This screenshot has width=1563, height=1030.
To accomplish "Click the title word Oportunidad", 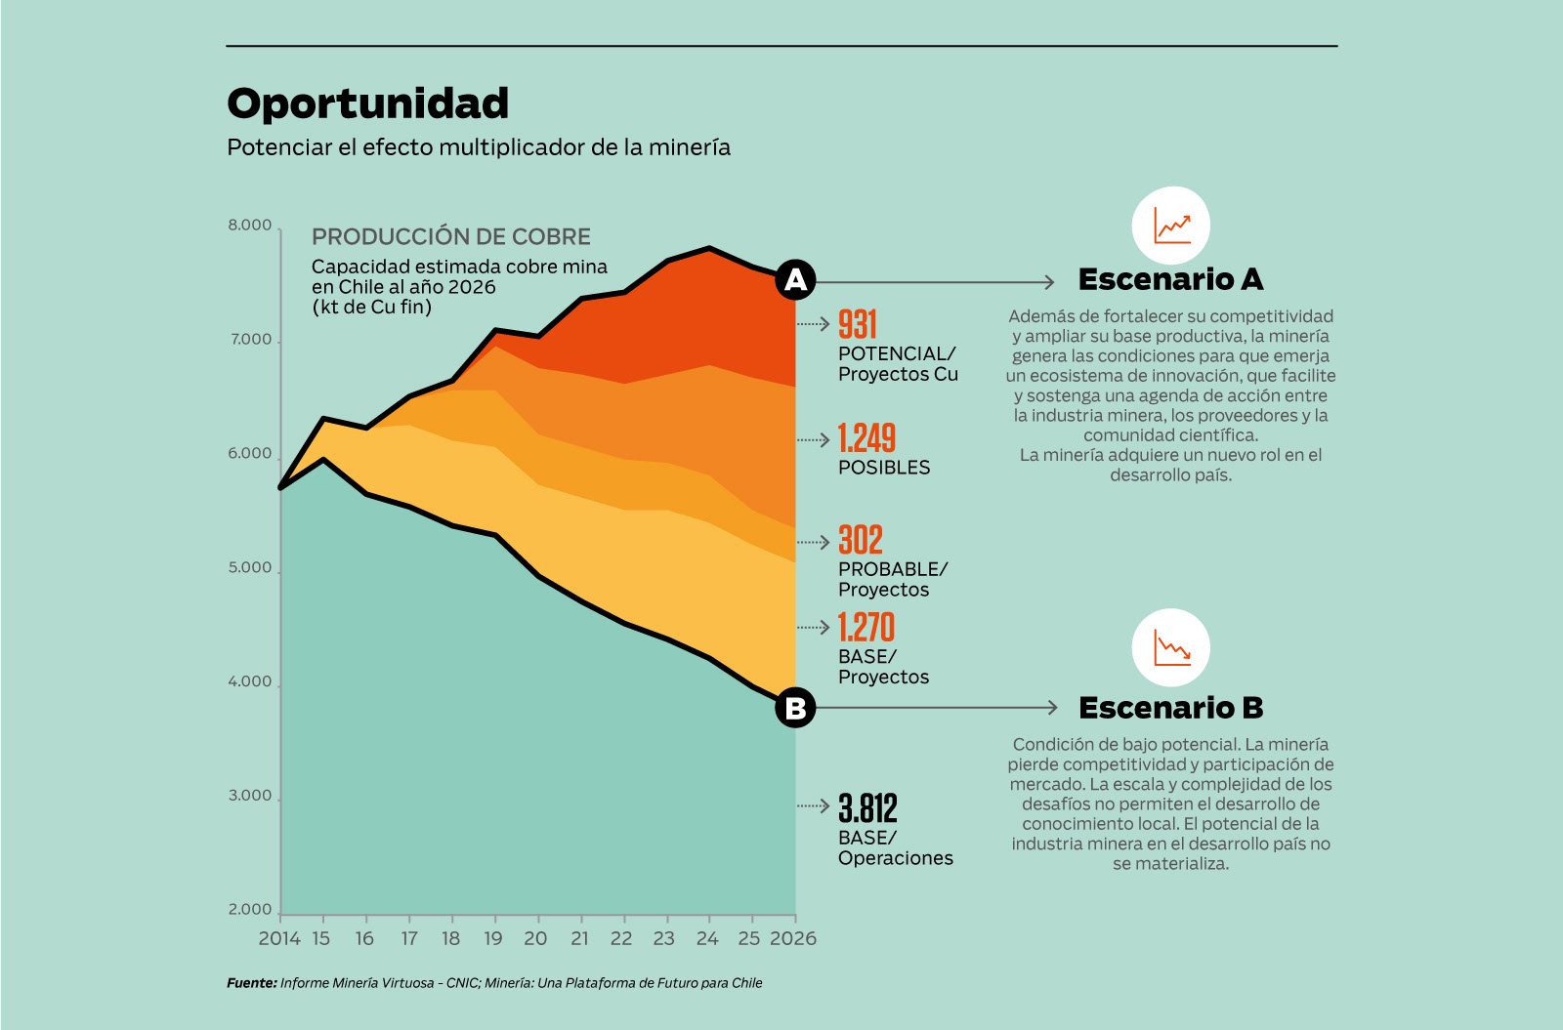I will (x=367, y=103).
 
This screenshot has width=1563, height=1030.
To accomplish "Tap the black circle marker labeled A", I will (x=796, y=280).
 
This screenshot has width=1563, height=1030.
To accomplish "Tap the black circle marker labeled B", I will (x=796, y=708).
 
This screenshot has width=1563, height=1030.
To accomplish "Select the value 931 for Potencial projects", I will (x=858, y=324).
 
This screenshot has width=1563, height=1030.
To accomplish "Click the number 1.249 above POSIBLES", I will (x=866, y=438).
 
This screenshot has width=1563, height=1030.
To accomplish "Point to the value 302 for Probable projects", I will (x=861, y=540).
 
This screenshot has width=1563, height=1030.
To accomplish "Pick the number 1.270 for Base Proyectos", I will (x=866, y=627).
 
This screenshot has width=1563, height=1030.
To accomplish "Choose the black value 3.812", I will (x=867, y=807).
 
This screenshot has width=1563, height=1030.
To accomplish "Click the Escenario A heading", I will (x=1170, y=279).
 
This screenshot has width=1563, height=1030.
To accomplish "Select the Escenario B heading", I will (x=1170, y=708).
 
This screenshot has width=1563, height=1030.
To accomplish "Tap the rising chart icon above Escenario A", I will (x=1171, y=226).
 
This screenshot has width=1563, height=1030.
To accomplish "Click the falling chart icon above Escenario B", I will (x=1171, y=647).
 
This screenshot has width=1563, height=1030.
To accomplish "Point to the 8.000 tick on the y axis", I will (x=250, y=226).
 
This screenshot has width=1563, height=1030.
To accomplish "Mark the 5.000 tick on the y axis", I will (x=250, y=568).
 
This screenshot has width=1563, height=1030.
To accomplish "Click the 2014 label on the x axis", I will (x=279, y=938).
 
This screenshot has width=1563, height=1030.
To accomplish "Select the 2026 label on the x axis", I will (x=793, y=938).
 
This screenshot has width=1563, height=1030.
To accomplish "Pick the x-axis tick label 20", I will (x=535, y=938).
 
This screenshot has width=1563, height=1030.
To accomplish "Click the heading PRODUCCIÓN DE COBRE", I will (x=451, y=237).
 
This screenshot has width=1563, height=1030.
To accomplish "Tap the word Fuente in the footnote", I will (x=251, y=983).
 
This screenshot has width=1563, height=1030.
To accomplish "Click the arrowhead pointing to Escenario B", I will (x=1052, y=708).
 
